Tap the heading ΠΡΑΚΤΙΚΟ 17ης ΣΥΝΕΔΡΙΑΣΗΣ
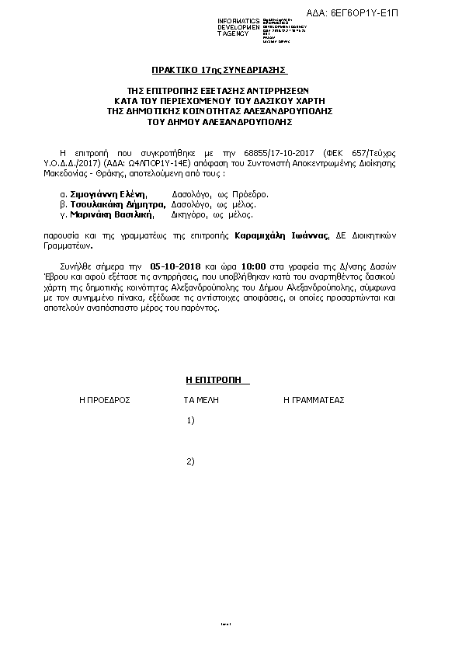tap(230, 70)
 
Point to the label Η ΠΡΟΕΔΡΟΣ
tap(104, 400)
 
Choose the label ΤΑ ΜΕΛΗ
tap(201, 400)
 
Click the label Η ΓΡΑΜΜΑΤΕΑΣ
tap(314, 400)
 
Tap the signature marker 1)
tap(191, 420)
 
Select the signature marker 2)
tap(191, 461)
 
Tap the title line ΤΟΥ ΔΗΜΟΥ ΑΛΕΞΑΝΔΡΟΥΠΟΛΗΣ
tap(230, 122)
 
